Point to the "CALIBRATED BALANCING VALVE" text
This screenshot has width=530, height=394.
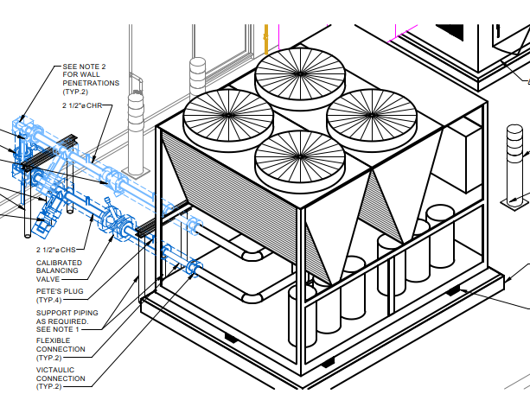[x=59, y=271]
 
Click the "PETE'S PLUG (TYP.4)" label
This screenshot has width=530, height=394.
[x=55, y=296]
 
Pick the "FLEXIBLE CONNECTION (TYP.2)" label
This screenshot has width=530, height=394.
[x=61, y=349]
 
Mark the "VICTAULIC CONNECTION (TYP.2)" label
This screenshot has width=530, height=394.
[x=61, y=377]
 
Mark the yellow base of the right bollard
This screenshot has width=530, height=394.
[x=515, y=201]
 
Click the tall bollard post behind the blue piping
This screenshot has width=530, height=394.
[x=135, y=130]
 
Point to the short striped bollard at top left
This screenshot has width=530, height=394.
[x=198, y=78]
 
